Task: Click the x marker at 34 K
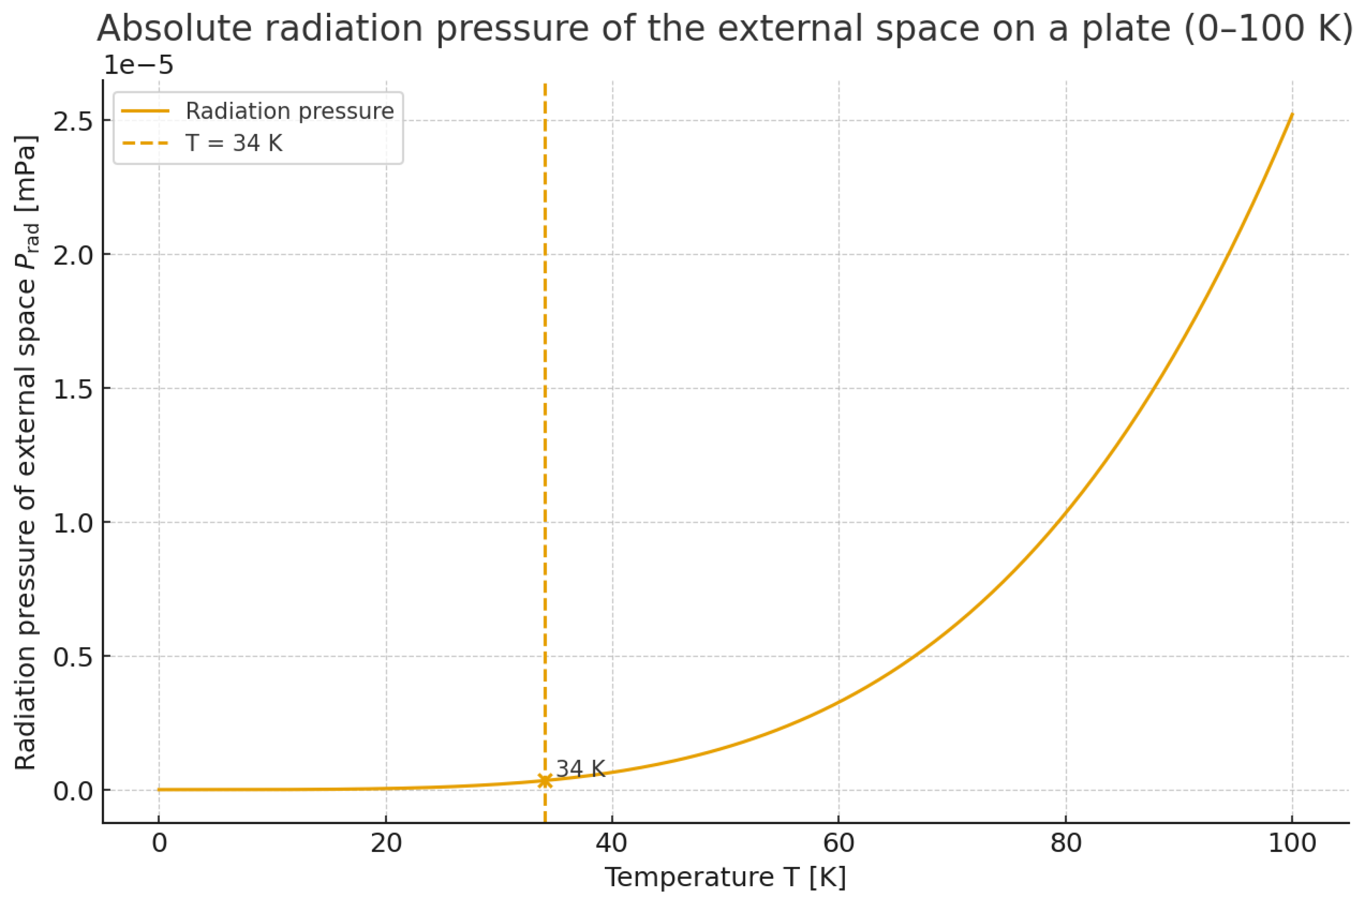coord(545,780)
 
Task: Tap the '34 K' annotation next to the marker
coord(580,769)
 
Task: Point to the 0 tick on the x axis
coord(159,843)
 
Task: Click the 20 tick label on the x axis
coord(386,843)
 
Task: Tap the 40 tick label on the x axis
coord(612,843)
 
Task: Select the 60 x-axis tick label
coord(838,843)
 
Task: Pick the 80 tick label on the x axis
coord(1065,843)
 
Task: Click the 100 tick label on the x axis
coord(1292,843)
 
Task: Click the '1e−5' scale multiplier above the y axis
coord(138,65)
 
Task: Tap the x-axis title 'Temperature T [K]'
coord(725,878)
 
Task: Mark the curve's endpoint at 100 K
coord(1292,114)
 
